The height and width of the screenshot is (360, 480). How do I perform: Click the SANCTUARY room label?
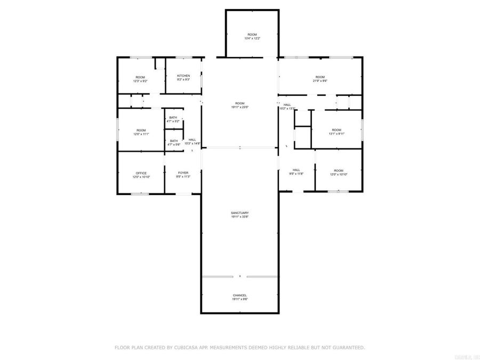pyautogui.click(x=240, y=213)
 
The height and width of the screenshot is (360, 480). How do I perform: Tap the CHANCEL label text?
pyautogui.click(x=240, y=295)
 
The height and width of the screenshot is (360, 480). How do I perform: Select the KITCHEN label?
pyautogui.click(x=183, y=76)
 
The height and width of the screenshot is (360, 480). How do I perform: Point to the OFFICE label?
pyautogui.click(x=141, y=173)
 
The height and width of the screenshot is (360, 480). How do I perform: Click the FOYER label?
pyautogui.click(x=183, y=173)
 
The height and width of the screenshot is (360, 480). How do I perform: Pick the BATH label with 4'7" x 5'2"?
pyautogui.click(x=173, y=117)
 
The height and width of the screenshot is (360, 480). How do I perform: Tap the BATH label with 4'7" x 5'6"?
pyautogui.click(x=174, y=141)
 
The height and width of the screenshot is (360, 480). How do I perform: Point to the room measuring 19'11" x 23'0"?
pyautogui.click(x=240, y=105)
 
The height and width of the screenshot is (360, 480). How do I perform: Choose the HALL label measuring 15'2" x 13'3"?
pyautogui.click(x=287, y=106)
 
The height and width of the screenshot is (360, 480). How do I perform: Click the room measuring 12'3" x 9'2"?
pyautogui.click(x=141, y=78)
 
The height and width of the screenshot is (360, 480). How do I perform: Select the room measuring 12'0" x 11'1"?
pyautogui.click(x=141, y=132)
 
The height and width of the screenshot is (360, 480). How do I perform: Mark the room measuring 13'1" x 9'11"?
pyautogui.click(x=337, y=131)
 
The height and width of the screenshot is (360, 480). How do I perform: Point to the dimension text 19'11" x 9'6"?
pyautogui.click(x=240, y=299)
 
